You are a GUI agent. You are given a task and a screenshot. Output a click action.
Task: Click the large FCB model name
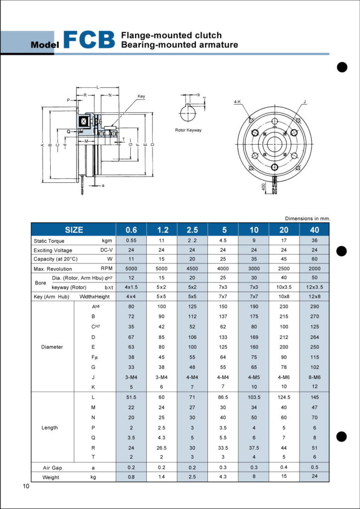point(90,40)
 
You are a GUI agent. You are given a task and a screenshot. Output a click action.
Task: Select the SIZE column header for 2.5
point(192,230)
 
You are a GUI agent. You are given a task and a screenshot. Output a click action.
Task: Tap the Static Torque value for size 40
point(315,241)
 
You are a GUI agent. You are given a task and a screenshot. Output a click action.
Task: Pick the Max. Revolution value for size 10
point(254,269)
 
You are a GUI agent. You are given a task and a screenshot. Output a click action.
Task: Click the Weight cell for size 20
point(284,477)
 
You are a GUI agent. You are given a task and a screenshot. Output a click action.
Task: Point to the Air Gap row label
point(52,468)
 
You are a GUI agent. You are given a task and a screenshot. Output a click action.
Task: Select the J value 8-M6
point(315,377)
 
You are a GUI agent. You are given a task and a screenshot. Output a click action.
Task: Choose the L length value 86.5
point(223,397)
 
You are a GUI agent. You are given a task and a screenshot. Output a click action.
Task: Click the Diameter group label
point(52,347)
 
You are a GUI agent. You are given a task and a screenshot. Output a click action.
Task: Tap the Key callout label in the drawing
point(141,96)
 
